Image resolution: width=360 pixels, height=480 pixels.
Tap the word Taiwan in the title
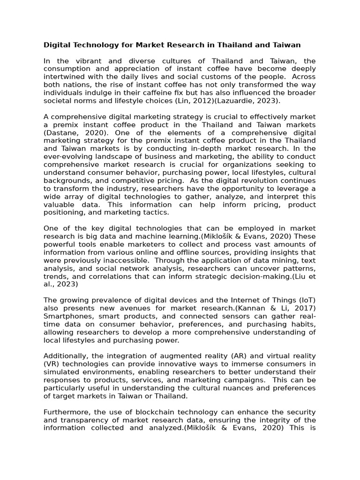click(286, 45)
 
